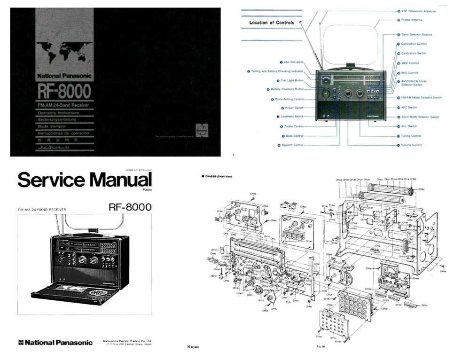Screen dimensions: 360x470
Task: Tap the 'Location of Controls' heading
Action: click(271, 23)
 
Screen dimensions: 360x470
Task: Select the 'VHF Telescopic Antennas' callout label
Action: click(419, 11)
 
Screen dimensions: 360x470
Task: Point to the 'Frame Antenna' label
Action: click(412, 20)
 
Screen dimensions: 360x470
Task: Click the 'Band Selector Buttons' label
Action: click(416, 34)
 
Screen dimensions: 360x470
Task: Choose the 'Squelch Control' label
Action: click(292, 145)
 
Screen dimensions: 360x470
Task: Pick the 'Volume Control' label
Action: click(411, 145)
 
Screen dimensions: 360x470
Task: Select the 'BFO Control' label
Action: click(409, 73)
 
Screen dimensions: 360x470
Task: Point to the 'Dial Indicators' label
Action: click(293, 62)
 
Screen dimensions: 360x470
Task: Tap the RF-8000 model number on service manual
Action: click(130, 207)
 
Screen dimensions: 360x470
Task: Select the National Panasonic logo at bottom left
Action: click(55, 342)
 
